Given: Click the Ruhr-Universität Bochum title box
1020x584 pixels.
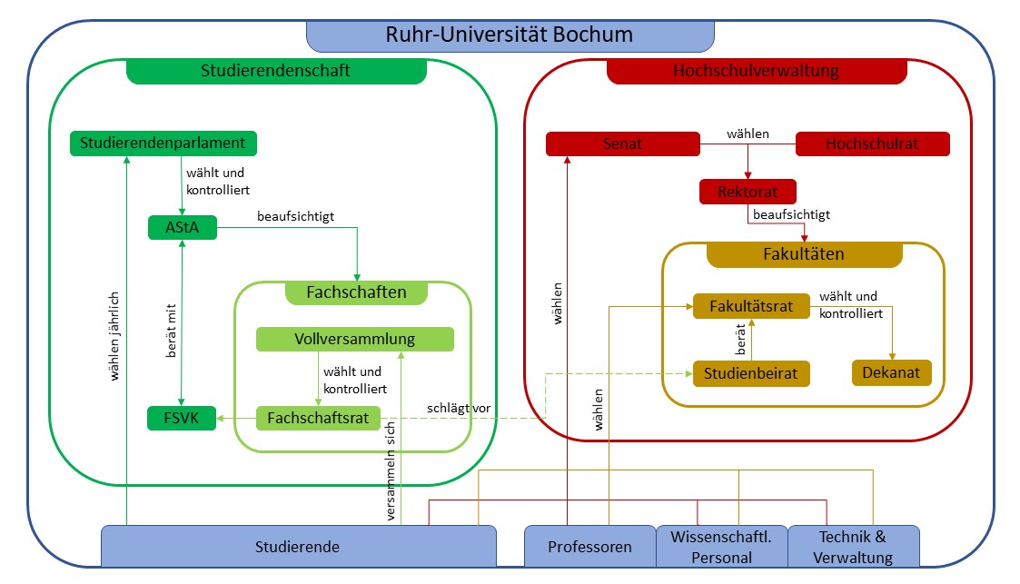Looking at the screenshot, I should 510,35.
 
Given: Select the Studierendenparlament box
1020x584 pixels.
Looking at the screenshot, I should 163,143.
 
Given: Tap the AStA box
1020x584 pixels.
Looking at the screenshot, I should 183,227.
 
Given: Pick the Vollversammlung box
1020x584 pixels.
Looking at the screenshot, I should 354,339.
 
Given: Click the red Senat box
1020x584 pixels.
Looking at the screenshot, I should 622,144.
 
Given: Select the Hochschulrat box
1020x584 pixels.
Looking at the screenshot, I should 872,144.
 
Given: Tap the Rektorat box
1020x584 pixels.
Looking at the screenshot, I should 748,192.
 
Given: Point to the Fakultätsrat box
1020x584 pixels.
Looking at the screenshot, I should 751,306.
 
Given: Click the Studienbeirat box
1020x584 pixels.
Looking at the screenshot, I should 751,372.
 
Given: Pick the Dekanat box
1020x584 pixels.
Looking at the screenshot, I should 892,372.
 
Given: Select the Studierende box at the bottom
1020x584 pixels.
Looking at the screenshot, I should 298,547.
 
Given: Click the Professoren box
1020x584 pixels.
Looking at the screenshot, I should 589,547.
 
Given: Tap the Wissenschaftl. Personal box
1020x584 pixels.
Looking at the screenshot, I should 721,547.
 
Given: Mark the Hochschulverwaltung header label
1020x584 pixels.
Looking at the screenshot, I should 756,71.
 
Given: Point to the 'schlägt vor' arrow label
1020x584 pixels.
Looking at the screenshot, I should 459,408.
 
